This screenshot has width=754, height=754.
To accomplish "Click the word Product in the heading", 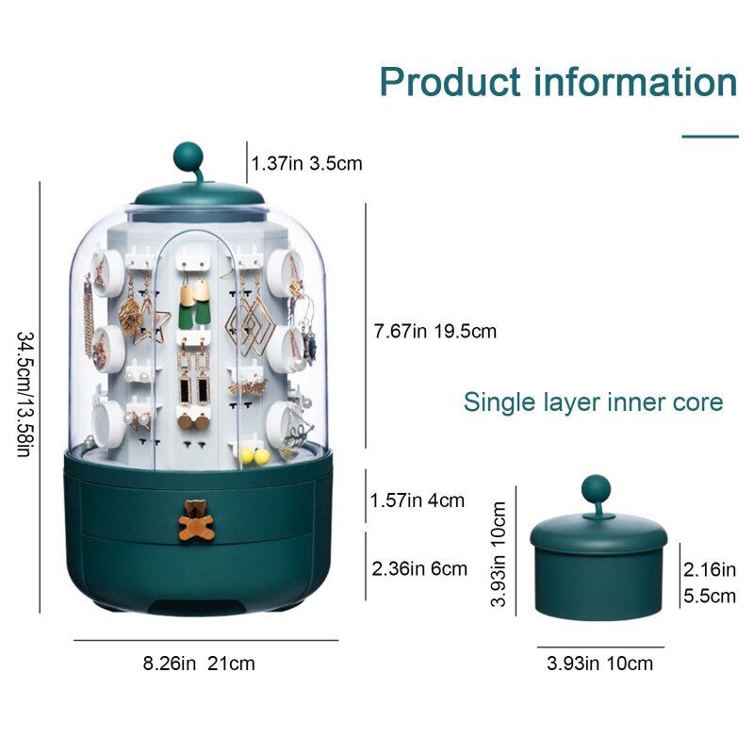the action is (451, 82).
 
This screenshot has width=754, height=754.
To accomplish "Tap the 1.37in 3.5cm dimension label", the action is (307, 163).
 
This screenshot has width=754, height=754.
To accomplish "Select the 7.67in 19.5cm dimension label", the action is (435, 332).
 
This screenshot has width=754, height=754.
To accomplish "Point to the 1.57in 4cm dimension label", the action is (418, 500).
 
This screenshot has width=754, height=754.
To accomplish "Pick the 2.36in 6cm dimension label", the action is (419, 569).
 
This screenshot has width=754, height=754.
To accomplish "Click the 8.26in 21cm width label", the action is (199, 664).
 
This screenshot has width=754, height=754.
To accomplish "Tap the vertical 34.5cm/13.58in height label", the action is (25, 394).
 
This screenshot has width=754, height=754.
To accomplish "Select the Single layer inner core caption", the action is (594, 402).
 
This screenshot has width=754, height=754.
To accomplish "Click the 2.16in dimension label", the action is (710, 570).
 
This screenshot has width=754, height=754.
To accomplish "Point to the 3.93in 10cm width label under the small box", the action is (600, 664).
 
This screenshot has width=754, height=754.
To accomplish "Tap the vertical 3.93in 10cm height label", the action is (499, 554).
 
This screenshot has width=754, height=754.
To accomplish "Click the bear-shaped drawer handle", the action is (196, 520).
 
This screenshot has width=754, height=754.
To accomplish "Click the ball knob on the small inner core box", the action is (596, 489).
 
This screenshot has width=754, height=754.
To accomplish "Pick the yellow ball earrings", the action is (254, 456).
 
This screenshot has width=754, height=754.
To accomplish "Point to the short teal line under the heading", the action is (711, 137).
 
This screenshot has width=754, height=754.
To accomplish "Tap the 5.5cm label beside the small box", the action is (710, 597).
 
